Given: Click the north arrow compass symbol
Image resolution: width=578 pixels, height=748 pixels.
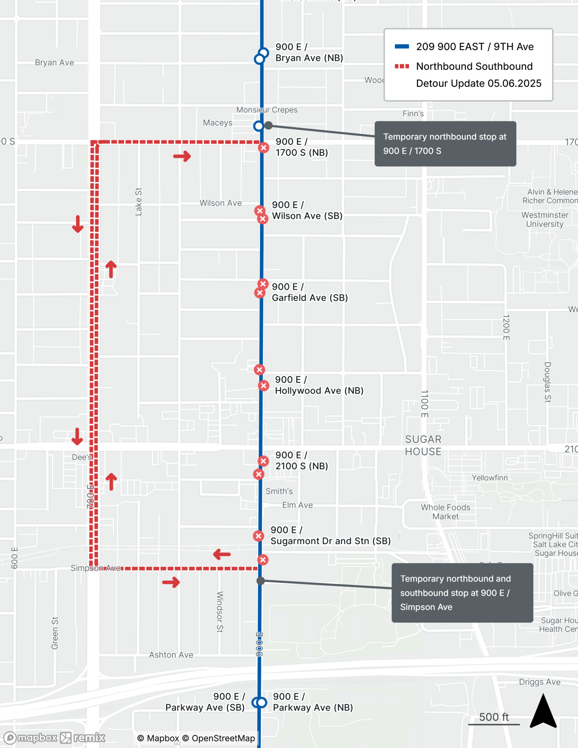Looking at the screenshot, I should (543, 711).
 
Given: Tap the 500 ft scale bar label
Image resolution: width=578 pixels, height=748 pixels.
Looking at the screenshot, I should (494, 717).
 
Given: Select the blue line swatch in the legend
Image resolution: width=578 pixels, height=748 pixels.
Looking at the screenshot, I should (402, 47).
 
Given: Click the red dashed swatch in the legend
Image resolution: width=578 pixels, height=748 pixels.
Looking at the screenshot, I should (402, 67).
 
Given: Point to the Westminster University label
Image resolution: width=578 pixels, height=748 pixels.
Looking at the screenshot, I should (545, 220).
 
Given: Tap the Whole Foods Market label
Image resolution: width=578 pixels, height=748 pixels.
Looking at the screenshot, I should (445, 512).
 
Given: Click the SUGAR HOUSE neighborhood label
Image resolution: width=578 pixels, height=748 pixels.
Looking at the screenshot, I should (423, 445).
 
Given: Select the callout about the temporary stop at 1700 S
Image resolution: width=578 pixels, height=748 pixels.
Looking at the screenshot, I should (445, 144).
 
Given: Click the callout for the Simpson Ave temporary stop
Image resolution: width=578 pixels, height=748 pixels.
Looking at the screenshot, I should (462, 593).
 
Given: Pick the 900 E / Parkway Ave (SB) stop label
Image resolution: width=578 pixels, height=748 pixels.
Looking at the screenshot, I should (205, 702).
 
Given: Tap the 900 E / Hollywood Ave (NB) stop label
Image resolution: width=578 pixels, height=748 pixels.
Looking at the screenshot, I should (319, 385).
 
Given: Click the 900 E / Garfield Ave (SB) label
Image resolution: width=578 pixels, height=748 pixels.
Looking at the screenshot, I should (310, 292).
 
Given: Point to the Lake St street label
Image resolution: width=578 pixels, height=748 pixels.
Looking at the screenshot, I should (138, 202).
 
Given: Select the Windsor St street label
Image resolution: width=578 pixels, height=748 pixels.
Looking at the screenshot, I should (220, 612).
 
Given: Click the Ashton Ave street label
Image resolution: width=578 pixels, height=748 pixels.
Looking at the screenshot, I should (171, 655).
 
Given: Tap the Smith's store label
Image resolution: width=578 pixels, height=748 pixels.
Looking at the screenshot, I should (279, 491).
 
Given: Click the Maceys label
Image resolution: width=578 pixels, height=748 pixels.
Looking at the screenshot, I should (217, 123).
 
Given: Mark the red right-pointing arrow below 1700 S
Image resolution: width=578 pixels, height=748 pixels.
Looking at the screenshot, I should (182, 156).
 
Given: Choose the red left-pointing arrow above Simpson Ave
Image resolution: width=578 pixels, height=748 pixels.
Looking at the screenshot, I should (222, 554).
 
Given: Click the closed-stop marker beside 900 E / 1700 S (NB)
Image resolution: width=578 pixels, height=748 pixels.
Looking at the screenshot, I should (263, 148).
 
